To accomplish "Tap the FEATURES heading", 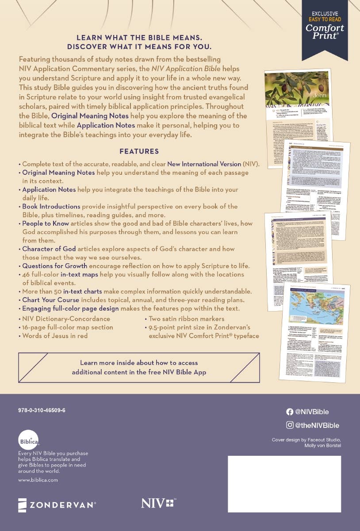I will (139, 151).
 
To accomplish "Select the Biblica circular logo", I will (29, 441).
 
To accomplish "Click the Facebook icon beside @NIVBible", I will (290, 412).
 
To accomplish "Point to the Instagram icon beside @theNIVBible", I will (290, 425).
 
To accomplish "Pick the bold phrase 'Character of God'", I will (49, 249).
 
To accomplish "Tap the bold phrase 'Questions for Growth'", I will (54, 266).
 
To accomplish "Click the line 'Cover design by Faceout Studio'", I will (306, 439).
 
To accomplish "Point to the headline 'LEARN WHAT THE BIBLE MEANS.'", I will (139, 38).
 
